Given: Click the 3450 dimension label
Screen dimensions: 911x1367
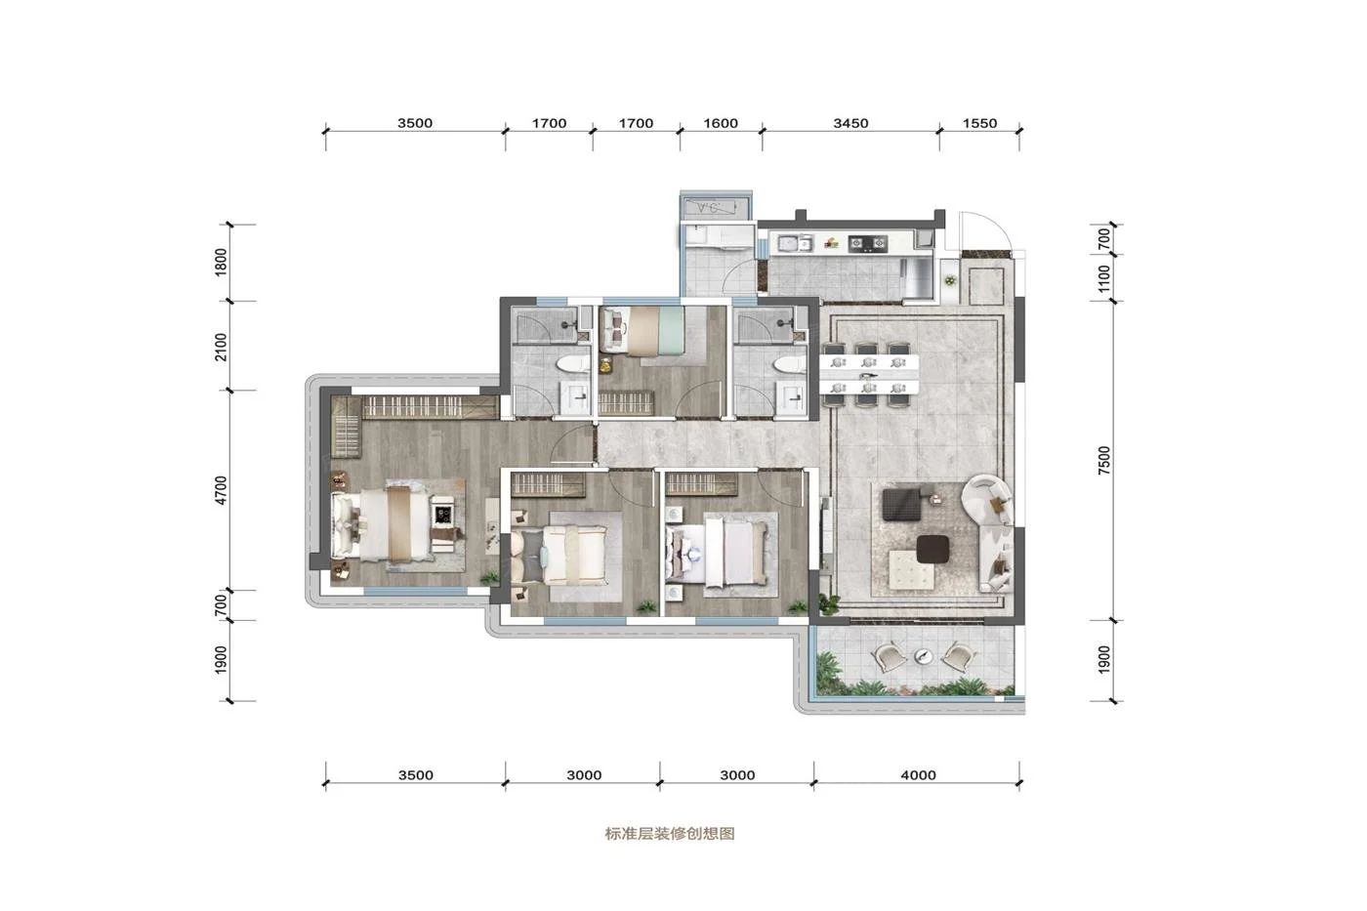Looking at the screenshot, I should coord(850,123).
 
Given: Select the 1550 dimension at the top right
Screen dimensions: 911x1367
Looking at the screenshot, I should coord(979,123).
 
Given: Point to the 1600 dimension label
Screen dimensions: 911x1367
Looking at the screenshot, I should coord(721,123).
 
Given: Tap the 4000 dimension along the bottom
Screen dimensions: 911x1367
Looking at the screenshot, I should coord(918,775).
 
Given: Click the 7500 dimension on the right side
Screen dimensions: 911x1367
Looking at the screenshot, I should coord(1104,460).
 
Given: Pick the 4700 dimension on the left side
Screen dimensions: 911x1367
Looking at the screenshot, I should coord(222,490).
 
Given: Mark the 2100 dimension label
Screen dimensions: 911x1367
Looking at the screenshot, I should coord(222,347).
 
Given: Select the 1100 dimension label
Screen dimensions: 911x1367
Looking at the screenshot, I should coord(1104,278).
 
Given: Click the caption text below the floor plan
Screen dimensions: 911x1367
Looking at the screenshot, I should coord(669,834).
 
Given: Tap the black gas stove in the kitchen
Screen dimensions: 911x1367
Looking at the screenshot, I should coord(866,242).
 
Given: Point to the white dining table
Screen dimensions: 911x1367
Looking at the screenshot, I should coord(869,367).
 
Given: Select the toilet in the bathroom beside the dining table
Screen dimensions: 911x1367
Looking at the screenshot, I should coord(787,363).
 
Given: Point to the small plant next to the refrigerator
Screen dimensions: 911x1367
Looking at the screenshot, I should coord(949,280).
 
